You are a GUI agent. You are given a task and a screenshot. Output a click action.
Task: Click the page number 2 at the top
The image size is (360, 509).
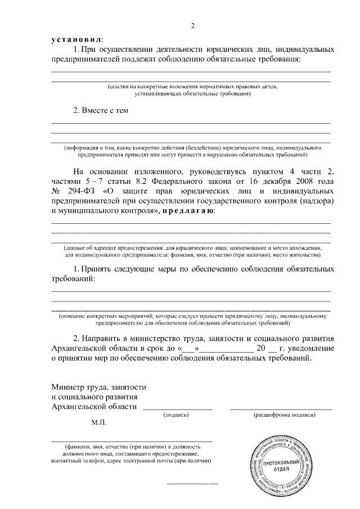193,26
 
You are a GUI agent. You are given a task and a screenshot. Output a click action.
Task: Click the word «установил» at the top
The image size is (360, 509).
77,40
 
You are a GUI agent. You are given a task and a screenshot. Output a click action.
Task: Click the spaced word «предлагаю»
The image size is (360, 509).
188,211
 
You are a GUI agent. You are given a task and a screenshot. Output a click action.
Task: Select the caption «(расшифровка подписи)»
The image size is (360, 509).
281,415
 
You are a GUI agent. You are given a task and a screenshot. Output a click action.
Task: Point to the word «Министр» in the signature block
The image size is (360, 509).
69,388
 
